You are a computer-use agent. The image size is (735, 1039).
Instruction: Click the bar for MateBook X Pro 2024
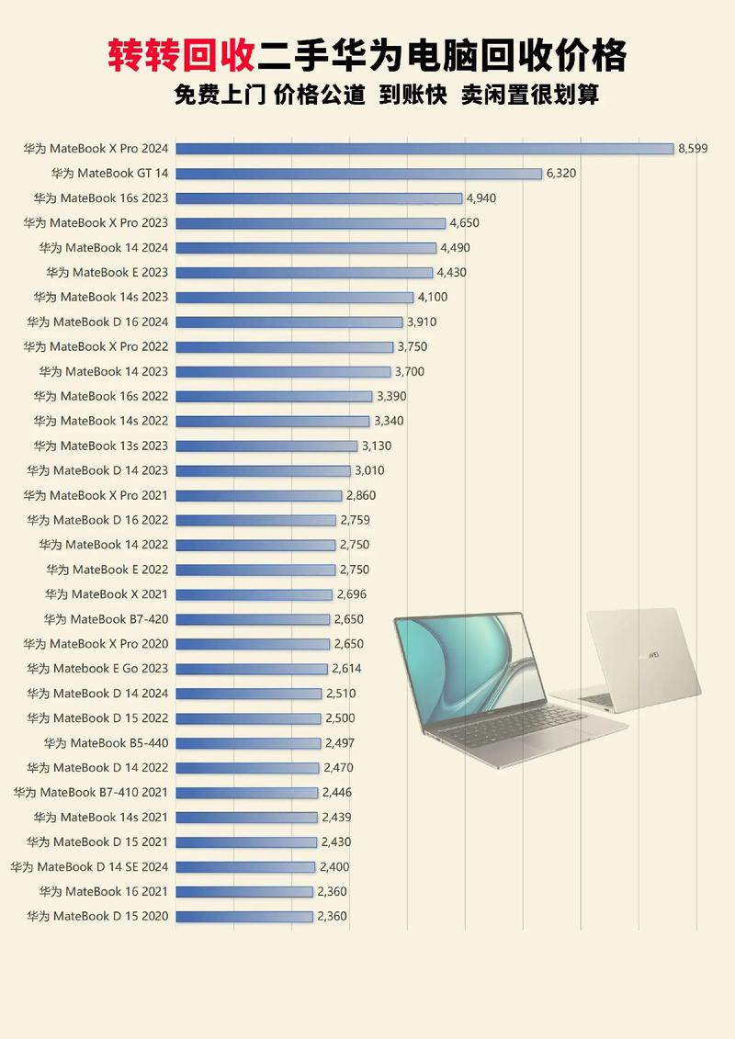coord(424,148)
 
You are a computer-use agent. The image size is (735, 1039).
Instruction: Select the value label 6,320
coord(561,173)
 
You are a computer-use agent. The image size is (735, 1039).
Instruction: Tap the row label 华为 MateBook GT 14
coord(110,173)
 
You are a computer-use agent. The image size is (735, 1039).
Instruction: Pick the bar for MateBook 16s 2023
coord(319,198)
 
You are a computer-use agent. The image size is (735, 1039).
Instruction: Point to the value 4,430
coord(451,272)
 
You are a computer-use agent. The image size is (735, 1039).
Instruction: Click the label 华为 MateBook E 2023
coord(107,272)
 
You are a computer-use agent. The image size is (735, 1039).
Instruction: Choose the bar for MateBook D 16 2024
coord(289,322)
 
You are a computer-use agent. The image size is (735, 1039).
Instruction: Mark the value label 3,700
coord(410,371)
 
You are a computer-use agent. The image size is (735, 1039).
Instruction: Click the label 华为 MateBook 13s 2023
coord(101,446)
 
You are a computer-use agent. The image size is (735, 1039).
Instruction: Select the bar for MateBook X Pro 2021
coord(259,495)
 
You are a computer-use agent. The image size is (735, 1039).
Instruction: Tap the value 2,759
coord(355,520)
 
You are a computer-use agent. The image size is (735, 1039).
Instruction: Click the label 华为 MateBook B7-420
coord(106,619)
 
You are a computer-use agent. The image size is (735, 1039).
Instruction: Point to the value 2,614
coord(346,669)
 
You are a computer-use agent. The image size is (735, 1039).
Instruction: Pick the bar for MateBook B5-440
coord(248,743)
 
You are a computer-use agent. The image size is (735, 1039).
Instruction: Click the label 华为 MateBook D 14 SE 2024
coord(89,866)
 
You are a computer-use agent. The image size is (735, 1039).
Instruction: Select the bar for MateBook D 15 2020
coord(244,916)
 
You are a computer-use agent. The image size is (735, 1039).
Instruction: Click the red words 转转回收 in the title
coord(181,56)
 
